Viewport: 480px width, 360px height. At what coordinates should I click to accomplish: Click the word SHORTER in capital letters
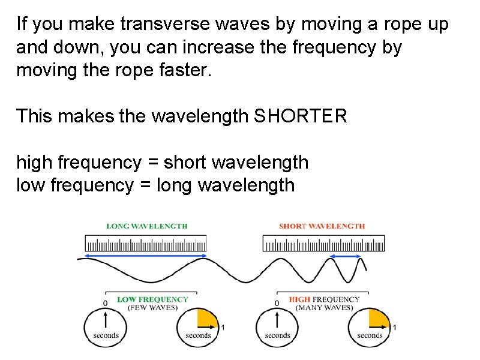301,116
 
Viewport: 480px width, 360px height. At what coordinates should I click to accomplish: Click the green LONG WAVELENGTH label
147,226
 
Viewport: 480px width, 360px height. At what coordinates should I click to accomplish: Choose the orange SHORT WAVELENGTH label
322,226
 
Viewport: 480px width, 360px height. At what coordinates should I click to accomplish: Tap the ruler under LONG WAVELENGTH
146,244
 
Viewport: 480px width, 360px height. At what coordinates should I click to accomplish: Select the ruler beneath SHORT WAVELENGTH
324,244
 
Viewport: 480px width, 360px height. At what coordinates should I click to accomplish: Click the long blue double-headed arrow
146,256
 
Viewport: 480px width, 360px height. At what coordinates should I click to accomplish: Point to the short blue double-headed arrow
347,257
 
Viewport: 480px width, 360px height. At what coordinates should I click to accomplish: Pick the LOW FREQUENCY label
152,299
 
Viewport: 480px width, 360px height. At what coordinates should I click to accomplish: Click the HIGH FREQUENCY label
325,299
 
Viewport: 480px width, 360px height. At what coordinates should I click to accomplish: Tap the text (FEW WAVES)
152,308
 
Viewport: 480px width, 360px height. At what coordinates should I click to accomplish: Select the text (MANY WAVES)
325,308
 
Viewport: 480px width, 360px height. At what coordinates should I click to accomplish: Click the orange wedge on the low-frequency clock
207,319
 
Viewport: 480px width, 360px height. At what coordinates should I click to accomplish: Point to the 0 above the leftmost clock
106,302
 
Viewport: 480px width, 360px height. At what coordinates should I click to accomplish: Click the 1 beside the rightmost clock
395,328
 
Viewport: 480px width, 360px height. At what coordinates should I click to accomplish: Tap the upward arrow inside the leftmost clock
106,319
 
